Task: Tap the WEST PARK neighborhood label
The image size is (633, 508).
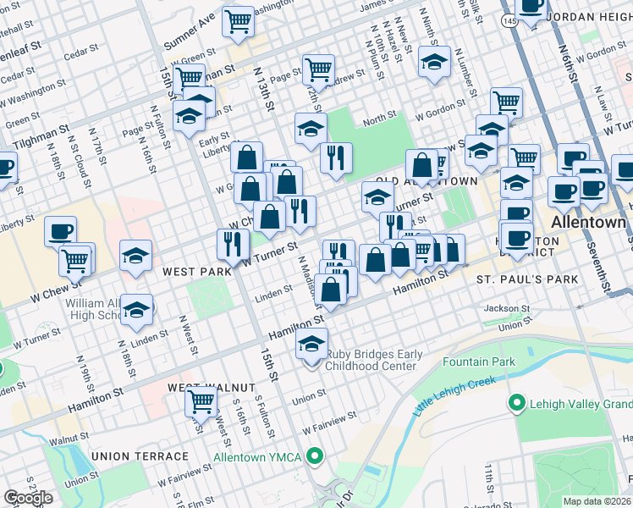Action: pyautogui.click(x=198, y=272)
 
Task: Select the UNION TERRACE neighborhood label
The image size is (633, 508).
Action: pyautogui.click(x=140, y=456)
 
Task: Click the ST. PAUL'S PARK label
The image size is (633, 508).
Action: pyautogui.click(x=526, y=279)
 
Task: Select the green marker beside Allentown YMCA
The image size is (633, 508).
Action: pyautogui.click(x=316, y=457)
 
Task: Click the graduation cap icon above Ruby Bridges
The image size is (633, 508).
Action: pyautogui.click(x=311, y=345)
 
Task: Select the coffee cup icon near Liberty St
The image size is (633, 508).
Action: pyautogui.click(x=60, y=230)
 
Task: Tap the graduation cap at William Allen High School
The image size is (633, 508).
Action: pyautogui.click(x=135, y=310)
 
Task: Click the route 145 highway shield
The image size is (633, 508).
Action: pyautogui.click(x=510, y=19)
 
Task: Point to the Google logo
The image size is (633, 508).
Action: pyautogui.click(x=28, y=497)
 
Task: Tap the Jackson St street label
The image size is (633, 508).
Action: pyautogui.click(x=507, y=309)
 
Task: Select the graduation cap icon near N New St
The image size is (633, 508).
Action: pyautogui.click(x=434, y=62)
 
